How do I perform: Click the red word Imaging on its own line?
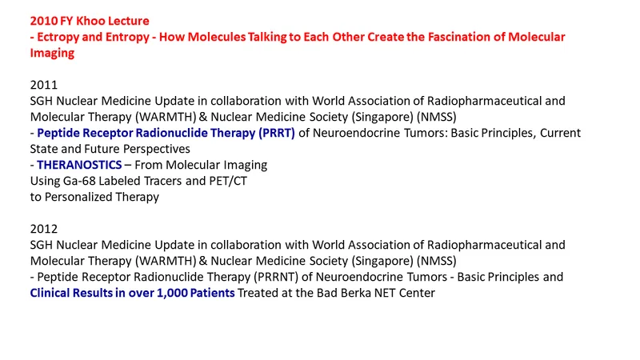52,53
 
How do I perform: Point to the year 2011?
44,85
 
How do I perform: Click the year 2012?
44,229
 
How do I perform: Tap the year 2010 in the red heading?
44,21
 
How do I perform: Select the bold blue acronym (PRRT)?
276,133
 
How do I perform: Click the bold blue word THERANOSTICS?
79,165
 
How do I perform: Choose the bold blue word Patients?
212,293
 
